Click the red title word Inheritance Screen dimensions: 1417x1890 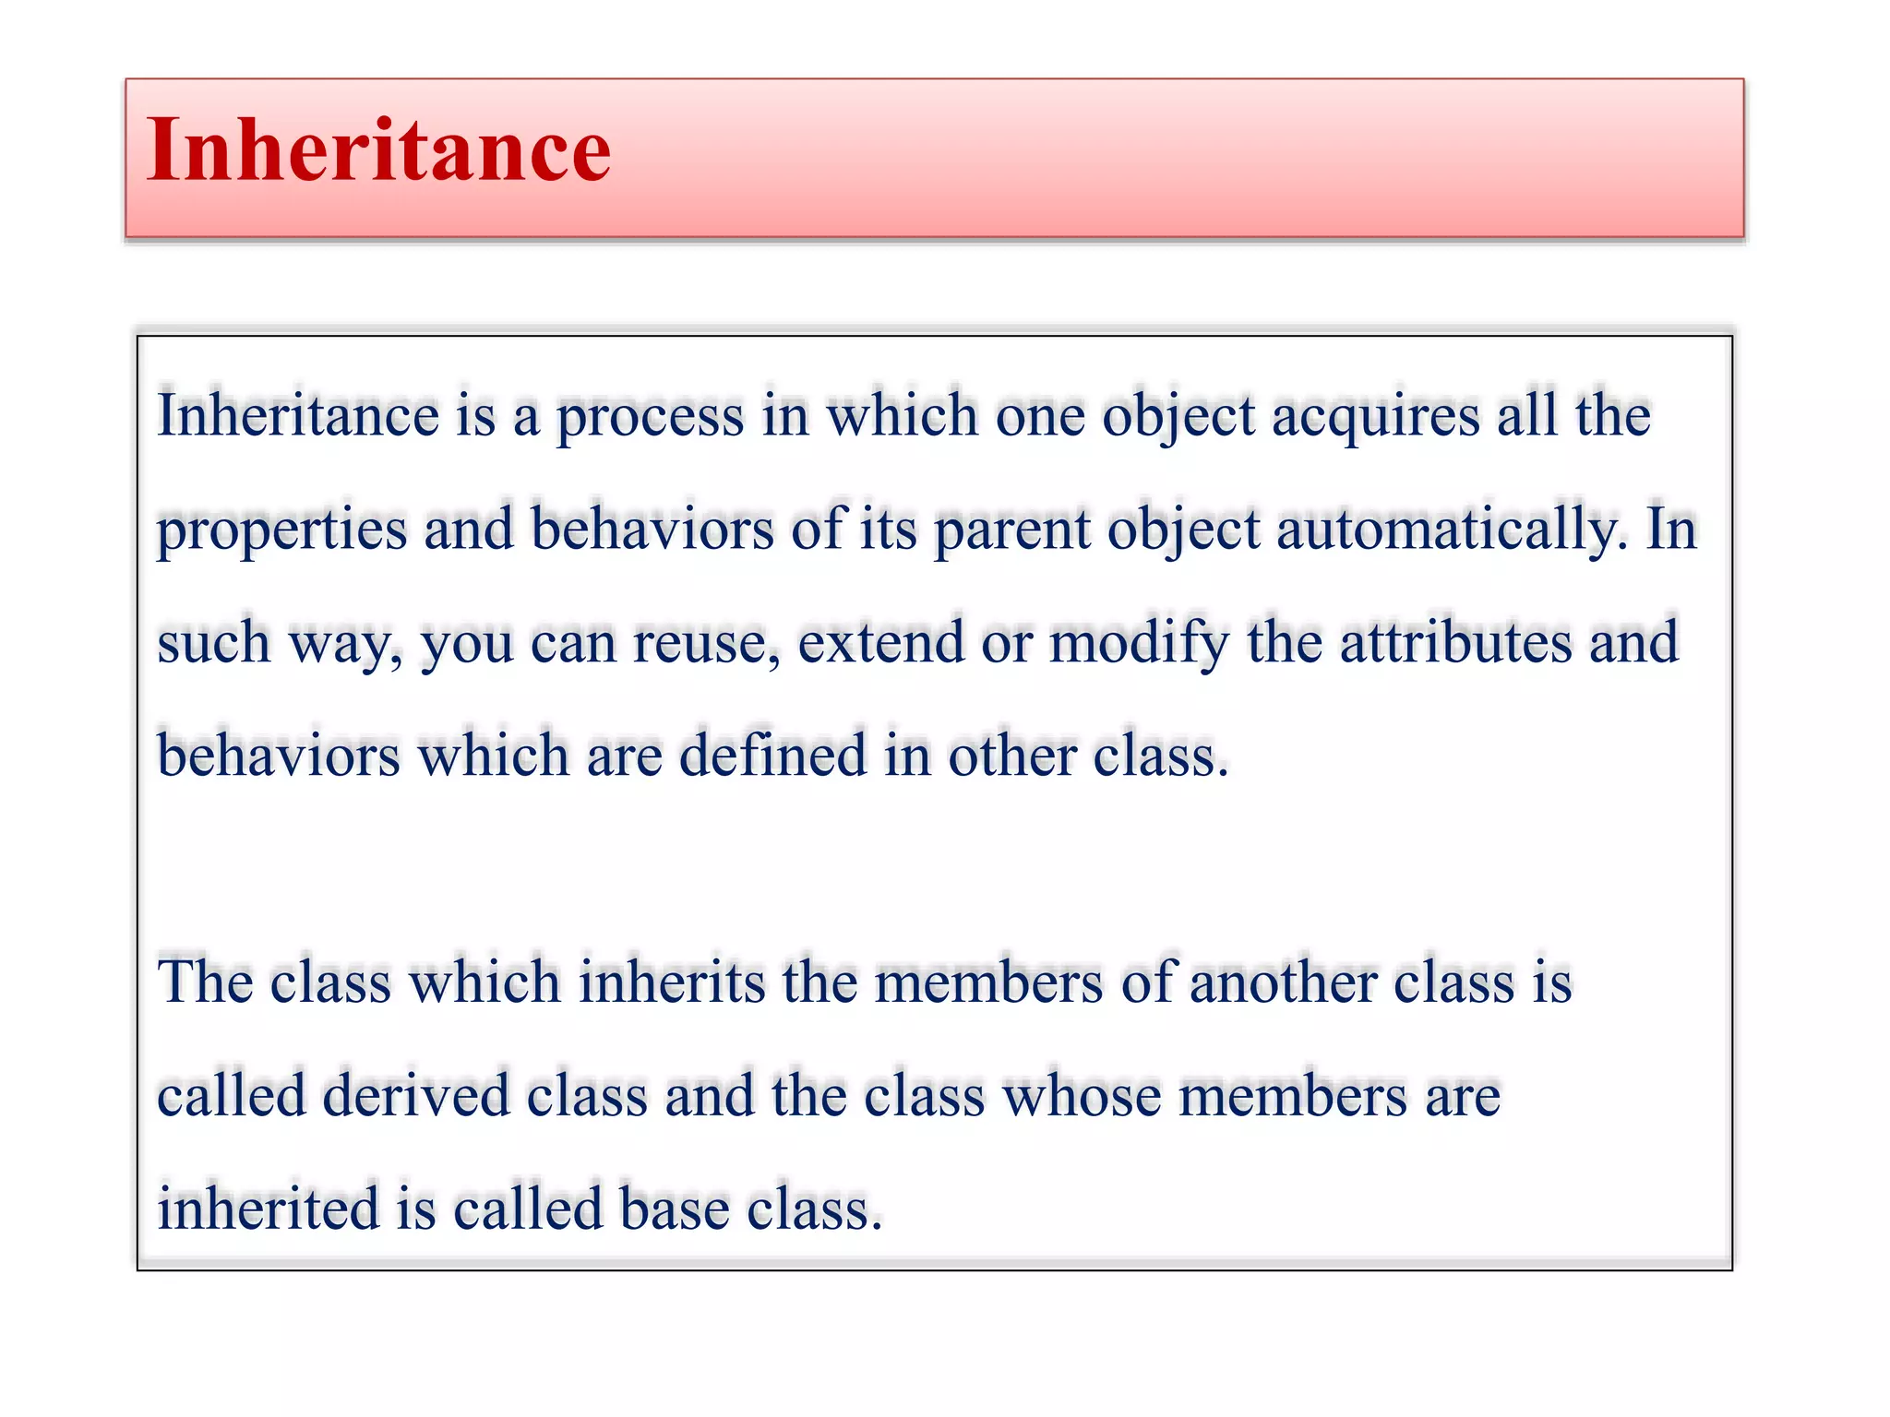pos(378,150)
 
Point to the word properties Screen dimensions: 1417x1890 pos(281,530)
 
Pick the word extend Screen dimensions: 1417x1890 pos(880,643)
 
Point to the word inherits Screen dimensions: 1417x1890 pos(672,982)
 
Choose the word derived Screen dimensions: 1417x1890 pos(416,1096)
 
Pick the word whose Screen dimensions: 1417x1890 pos(1082,1096)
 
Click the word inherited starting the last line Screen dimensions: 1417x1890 pos(269,1209)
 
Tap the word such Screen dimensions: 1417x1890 pos(213,643)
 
